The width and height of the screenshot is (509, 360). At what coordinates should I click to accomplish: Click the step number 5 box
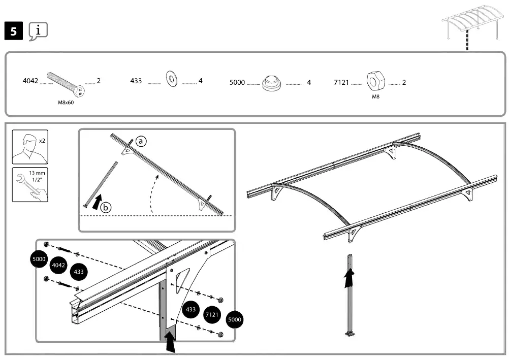pyautogui.click(x=14, y=31)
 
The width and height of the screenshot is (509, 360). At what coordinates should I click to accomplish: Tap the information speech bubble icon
pyautogui.click(x=38, y=31)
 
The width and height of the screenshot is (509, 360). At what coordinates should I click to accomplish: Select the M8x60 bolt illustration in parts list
pyautogui.click(x=66, y=84)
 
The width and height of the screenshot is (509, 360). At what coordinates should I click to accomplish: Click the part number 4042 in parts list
pyautogui.click(x=30, y=81)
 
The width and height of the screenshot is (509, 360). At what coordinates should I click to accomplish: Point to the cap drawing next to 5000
pyautogui.click(x=272, y=83)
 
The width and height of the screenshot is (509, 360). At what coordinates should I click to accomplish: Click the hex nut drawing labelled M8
pyautogui.click(x=375, y=81)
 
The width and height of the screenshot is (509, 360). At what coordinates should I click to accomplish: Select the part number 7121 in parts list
pyautogui.click(x=341, y=82)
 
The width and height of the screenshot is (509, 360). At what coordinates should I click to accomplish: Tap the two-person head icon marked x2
pyautogui.click(x=30, y=147)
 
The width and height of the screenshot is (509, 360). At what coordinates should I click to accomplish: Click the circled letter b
pyautogui.click(x=106, y=207)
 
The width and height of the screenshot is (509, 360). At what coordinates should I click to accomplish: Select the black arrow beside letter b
pyautogui.click(x=96, y=201)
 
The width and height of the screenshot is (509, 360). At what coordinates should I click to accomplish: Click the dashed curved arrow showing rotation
pyautogui.click(x=153, y=193)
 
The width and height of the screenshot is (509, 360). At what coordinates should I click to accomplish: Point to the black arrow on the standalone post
pyautogui.click(x=349, y=278)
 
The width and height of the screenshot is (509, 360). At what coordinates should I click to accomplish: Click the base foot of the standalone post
pyautogui.click(x=350, y=334)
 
